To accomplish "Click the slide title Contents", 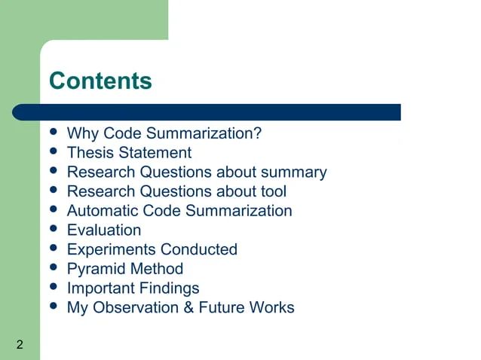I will tap(100, 81).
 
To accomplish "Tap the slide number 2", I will tap(19, 345).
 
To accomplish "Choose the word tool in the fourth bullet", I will tap(272, 191).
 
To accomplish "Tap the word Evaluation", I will tap(104, 230).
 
